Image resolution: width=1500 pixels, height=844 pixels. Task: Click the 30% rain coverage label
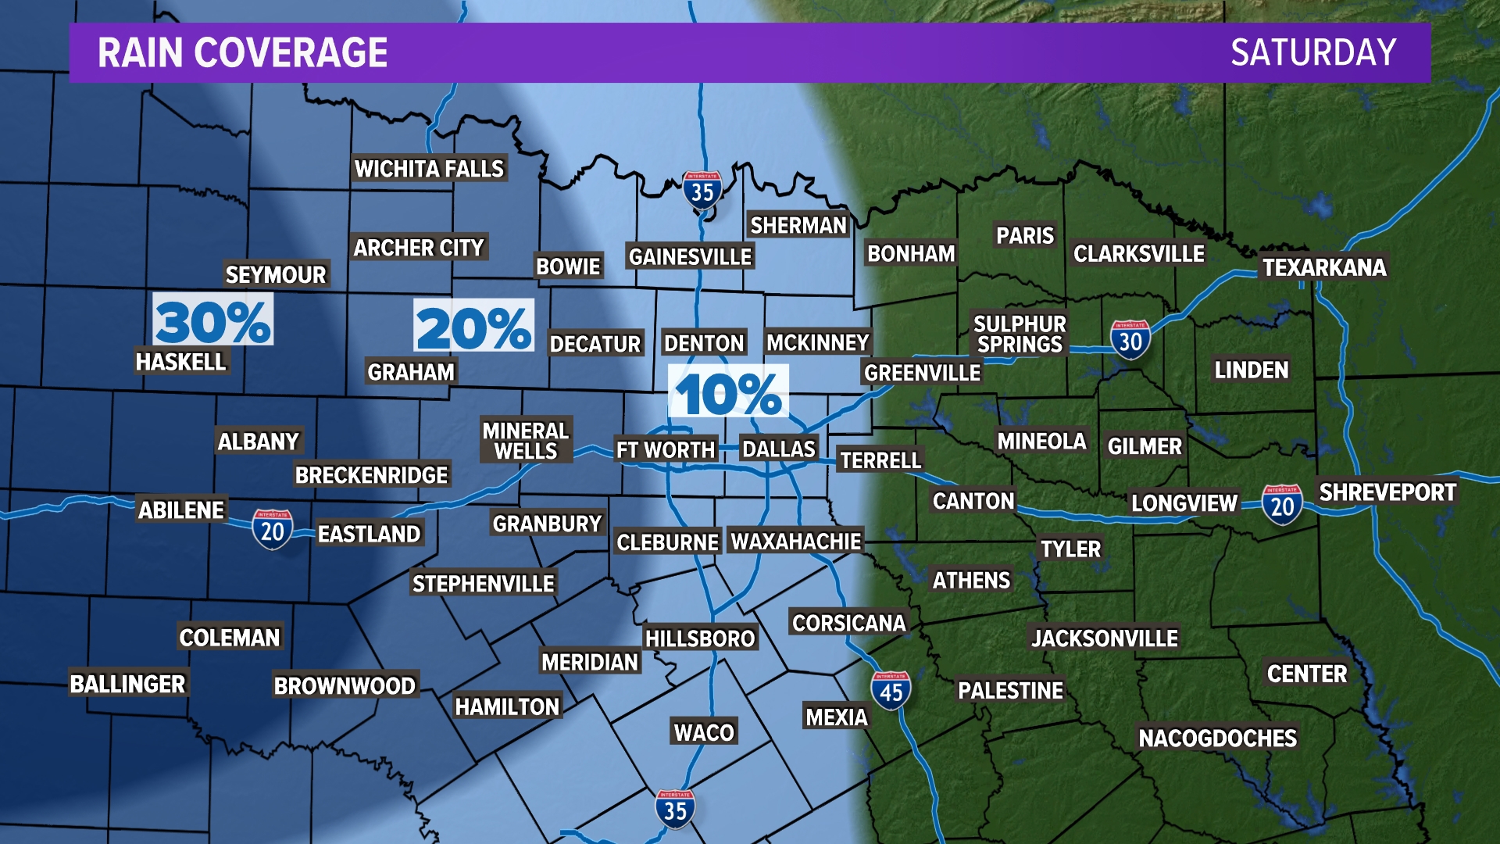pos(212,320)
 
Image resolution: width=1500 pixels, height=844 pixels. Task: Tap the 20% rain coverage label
pos(473,327)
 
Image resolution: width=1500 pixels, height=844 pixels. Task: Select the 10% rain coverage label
pos(728,392)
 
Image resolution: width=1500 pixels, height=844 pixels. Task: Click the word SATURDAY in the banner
pos(1313,53)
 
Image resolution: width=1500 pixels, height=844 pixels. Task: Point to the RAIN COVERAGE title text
pos(242,53)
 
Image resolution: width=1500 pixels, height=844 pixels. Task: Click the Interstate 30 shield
pos(1130,340)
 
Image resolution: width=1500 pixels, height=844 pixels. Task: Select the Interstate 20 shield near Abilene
pos(272,530)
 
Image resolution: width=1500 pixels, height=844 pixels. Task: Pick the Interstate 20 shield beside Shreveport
pos(1282,505)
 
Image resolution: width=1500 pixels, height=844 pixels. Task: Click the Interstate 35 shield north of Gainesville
pos(702,190)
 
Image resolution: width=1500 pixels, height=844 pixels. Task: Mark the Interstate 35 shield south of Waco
pos(675,809)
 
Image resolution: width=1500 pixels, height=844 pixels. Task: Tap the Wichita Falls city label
pos(429,169)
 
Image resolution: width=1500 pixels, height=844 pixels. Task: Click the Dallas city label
pos(778,449)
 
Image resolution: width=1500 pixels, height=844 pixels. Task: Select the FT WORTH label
pos(666,450)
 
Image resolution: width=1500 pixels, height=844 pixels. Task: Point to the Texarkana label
pos(1324,268)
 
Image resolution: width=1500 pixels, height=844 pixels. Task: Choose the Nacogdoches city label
pos(1217,738)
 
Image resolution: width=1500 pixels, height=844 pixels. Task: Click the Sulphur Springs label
pos(1020,334)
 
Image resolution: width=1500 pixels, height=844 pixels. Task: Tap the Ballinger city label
pos(128,684)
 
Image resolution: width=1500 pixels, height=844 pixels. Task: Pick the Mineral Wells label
pos(526,441)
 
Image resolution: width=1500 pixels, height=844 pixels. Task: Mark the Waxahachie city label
pos(796,541)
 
